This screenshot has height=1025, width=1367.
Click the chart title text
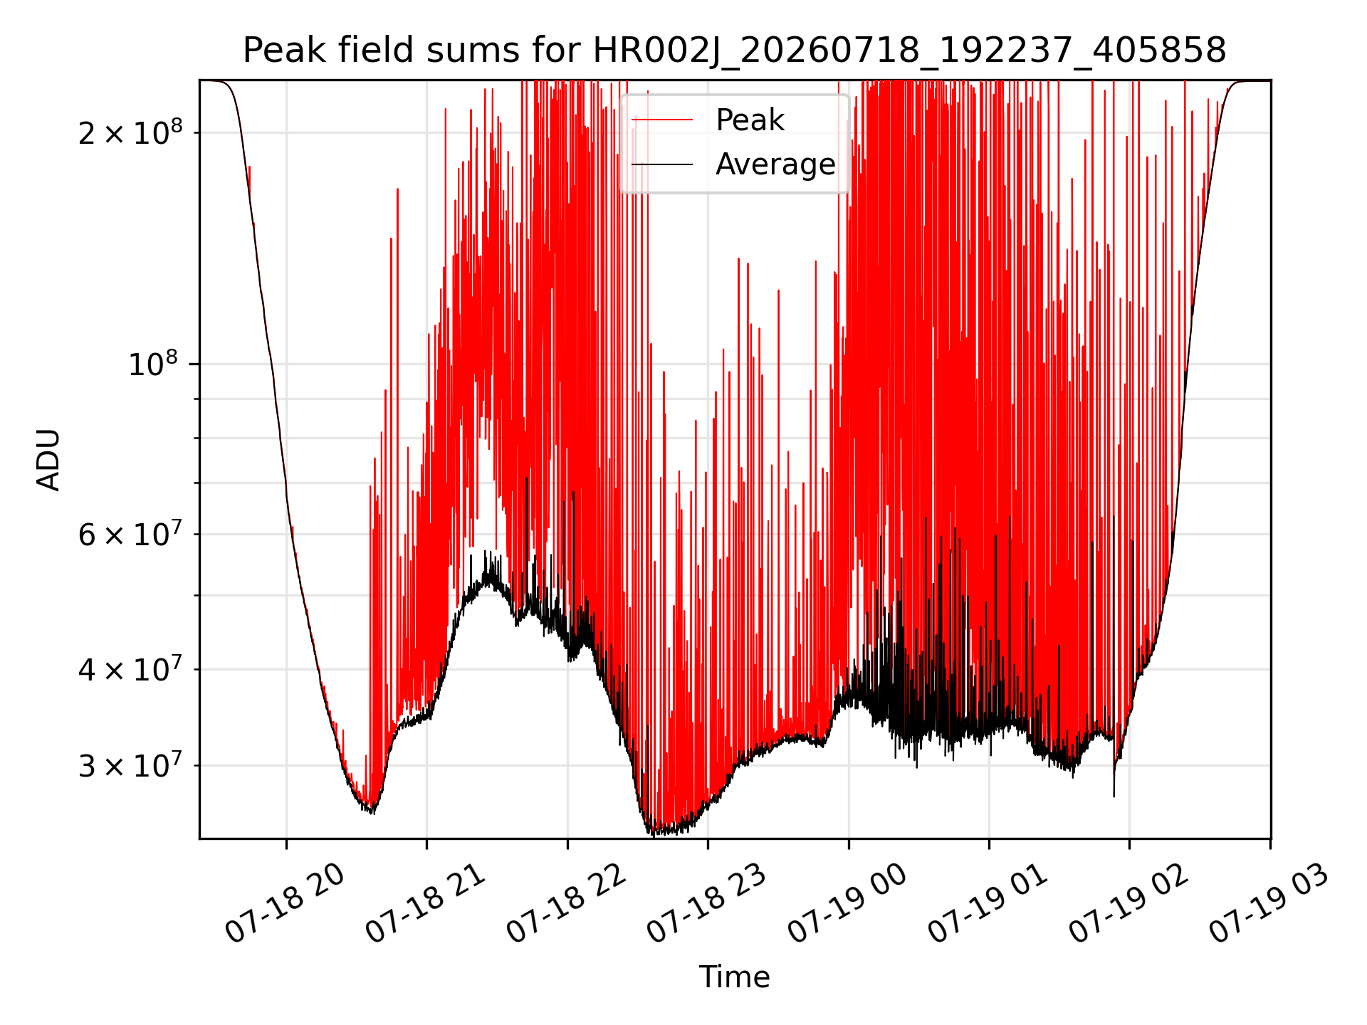pyautogui.click(x=734, y=51)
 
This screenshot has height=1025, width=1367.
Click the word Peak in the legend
pyautogui.click(x=750, y=120)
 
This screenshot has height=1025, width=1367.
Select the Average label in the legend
pyautogui.click(x=775, y=164)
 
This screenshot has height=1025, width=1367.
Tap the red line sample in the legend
pyautogui.click(x=662, y=120)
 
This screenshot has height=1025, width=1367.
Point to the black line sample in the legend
pyautogui.click(x=662, y=164)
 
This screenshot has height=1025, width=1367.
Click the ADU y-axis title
pyautogui.click(x=48, y=460)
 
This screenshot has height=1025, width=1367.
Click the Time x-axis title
pyautogui.click(x=734, y=977)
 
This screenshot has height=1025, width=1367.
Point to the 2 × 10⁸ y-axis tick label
pyautogui.click(x=130, y=132)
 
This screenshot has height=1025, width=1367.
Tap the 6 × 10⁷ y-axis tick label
pyautogui.click(x=130, y=534)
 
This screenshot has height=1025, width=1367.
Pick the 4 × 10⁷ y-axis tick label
pyautogui.click(x=130, y=669)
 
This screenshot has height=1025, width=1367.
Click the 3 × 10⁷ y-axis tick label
pyautogui.click(x=130, y=765)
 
